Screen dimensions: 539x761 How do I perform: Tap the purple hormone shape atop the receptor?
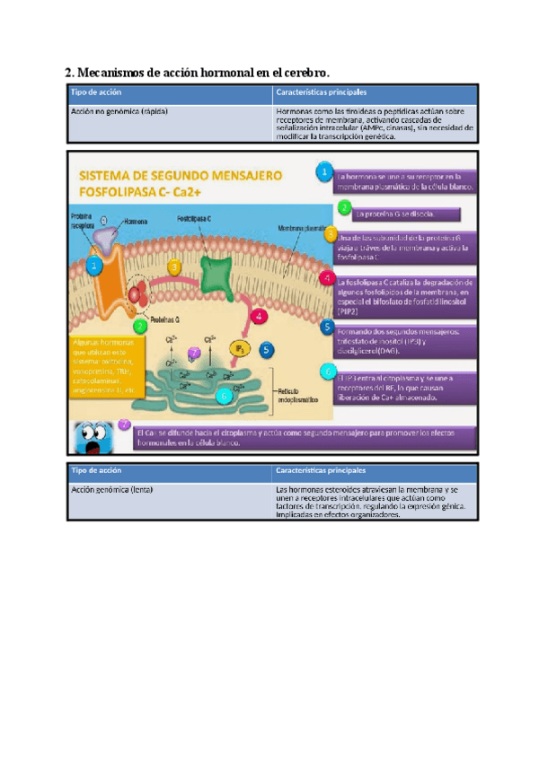click(x=105, y=232)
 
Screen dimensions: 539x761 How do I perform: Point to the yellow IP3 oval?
click(x=240, y=347)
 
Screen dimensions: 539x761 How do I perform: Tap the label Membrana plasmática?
click(x=301, y=229)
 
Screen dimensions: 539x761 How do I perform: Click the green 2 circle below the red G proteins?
click(x=139, y=328)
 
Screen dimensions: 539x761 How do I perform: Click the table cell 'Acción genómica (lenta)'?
click(x=111, y=491)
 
